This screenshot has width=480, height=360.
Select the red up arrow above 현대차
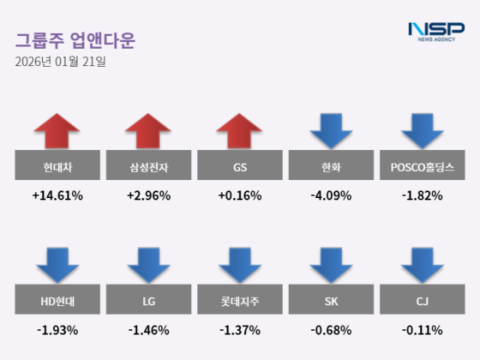57,130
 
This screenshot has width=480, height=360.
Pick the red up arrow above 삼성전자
148,130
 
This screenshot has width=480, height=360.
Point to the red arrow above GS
240,130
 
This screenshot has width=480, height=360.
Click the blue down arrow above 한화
331,130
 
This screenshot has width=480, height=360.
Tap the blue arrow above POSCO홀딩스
422,130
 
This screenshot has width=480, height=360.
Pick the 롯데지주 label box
240,301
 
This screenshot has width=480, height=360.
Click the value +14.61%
57,196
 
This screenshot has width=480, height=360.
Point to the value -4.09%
331,196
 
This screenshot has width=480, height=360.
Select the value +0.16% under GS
240,196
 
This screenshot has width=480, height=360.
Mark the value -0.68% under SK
331,330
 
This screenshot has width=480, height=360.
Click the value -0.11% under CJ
422,330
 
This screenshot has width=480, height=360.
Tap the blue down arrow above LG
148,264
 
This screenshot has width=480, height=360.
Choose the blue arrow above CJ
422,264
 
